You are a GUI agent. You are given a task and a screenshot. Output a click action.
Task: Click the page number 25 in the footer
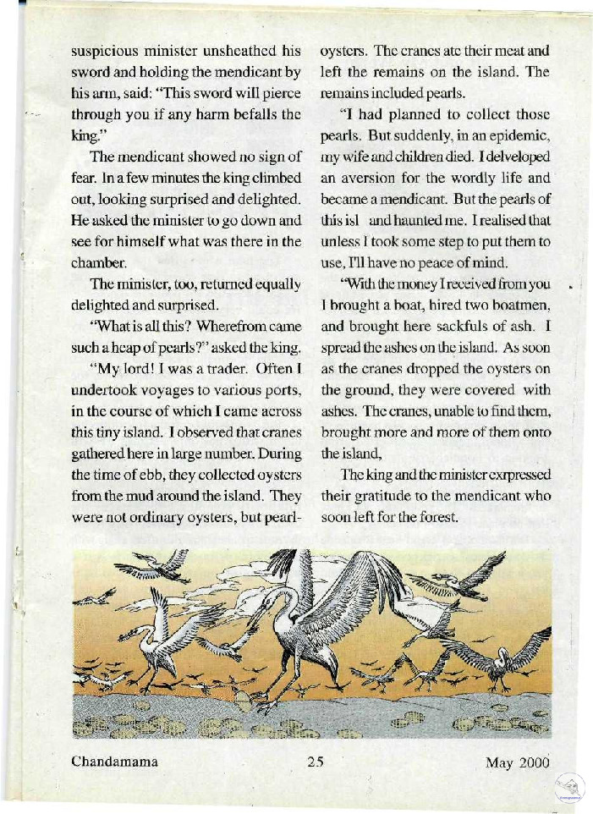[x=316, y=761]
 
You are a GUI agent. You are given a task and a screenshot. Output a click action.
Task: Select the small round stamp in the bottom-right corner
[x=570, y=788]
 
